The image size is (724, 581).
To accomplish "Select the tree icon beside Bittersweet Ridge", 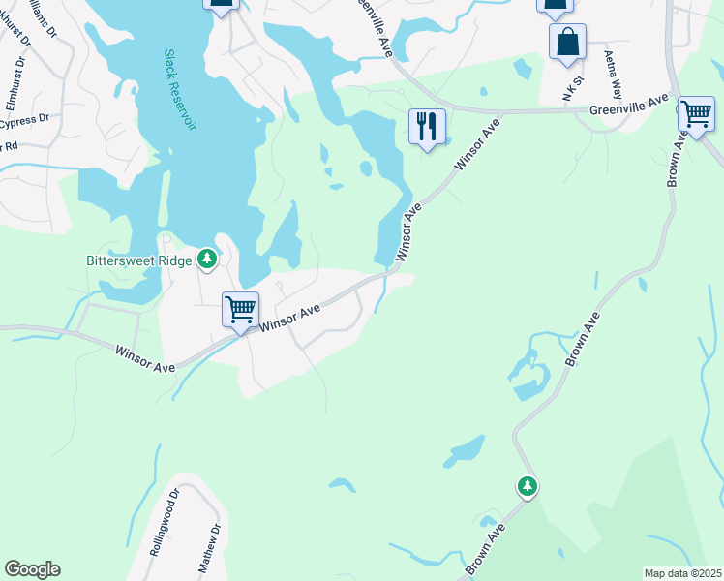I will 206,259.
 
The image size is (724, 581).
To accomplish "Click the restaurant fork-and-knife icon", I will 426,126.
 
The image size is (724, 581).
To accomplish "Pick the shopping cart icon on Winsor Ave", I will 240,310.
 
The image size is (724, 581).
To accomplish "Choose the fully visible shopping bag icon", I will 567,43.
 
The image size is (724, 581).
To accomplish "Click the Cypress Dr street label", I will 23,121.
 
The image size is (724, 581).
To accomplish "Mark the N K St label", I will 570,88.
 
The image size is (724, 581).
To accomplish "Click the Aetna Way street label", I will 611,73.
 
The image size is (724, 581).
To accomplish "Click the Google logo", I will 32,569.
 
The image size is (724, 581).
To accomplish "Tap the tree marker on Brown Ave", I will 527,485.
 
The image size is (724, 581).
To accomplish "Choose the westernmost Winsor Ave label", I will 144,358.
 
